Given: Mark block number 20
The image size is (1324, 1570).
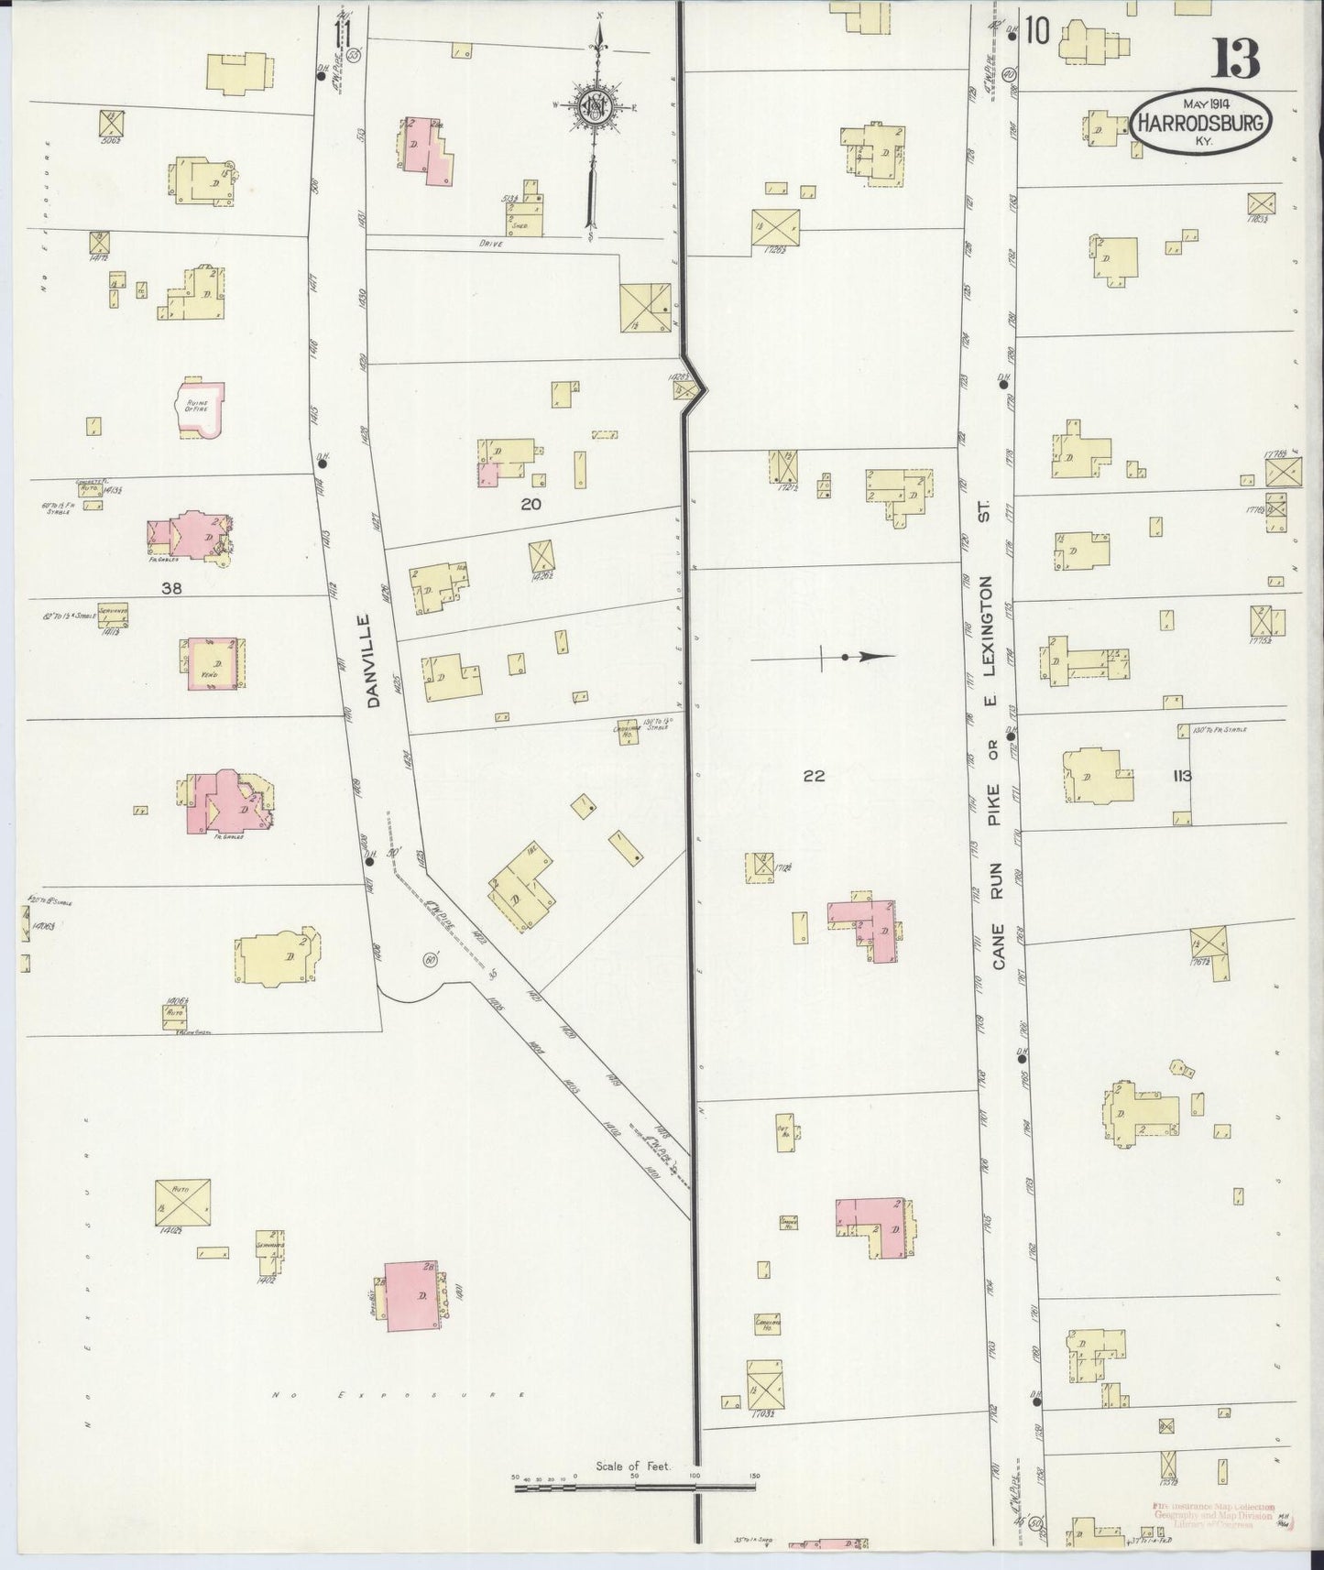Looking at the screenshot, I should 531,504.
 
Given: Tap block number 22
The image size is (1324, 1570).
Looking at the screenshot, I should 814,776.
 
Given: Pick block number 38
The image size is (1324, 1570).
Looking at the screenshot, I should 171,590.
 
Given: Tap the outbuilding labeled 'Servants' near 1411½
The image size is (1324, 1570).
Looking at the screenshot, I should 115,614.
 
